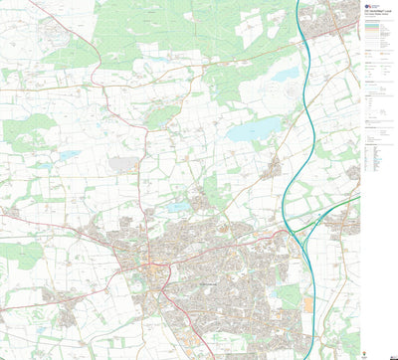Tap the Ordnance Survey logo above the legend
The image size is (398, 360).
[367, 6]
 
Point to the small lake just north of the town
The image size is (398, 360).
[178, 207]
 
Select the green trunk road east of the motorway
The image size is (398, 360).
[338, 212]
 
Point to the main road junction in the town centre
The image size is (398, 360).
[148, 266]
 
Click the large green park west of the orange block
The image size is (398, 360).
[288, 296]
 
